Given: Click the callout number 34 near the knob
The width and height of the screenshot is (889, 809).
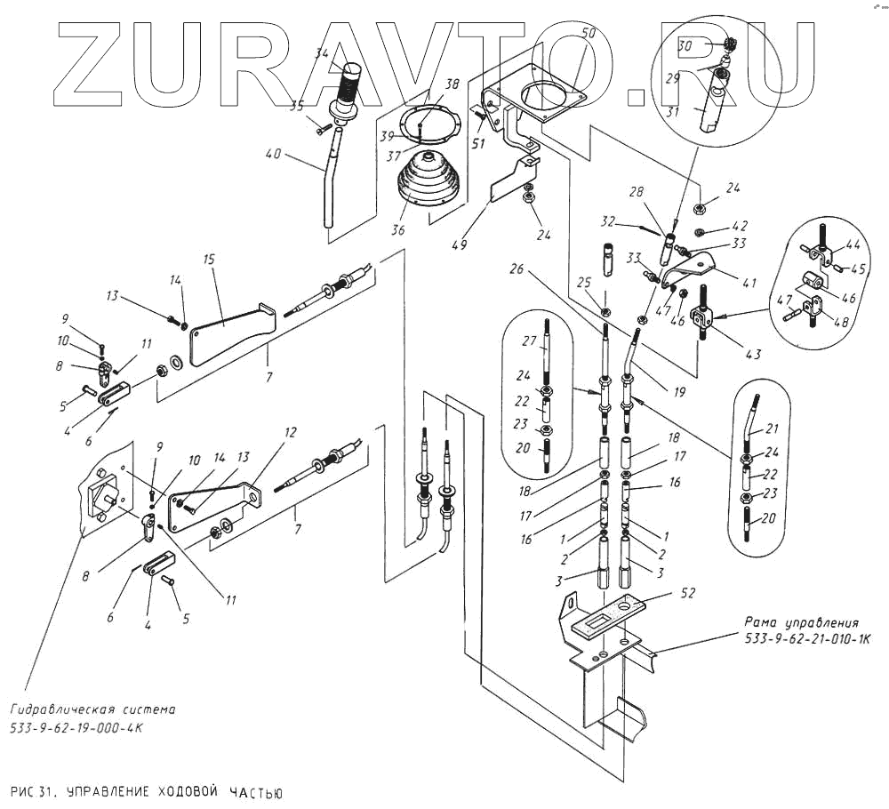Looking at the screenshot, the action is (322, 54).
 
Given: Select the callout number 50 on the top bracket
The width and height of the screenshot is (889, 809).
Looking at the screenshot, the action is (589, 33).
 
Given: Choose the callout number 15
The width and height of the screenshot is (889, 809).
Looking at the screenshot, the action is (210, 260).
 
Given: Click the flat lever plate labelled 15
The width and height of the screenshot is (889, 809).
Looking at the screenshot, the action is (227, 333).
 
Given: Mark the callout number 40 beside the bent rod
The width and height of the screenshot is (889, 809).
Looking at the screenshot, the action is (275, 153).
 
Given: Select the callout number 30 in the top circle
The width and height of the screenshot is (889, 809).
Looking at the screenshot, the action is (685, 44).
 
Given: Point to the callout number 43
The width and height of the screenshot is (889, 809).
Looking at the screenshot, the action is (753, 355).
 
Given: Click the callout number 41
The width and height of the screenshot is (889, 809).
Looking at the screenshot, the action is (749, 284).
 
